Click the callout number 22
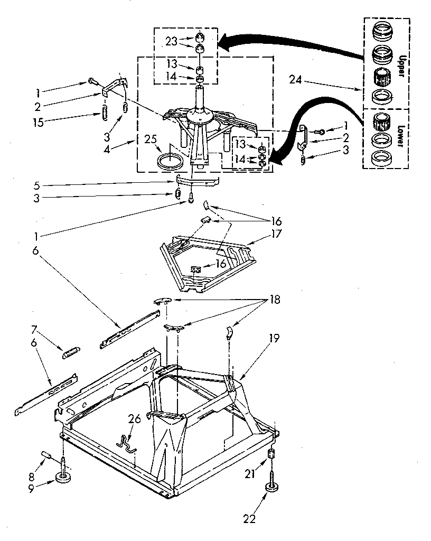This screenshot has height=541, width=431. coord(249,519)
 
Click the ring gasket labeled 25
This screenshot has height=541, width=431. coord(169,161)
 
